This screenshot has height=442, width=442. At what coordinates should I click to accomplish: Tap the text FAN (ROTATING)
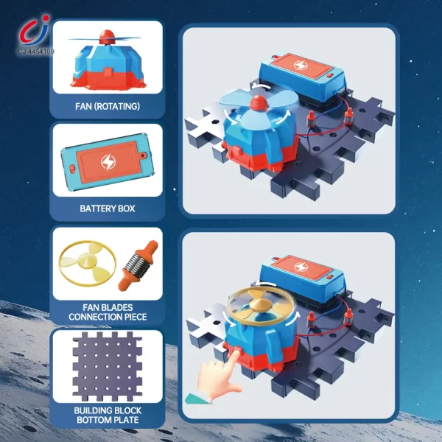pyautogui.click(x=107, y=106)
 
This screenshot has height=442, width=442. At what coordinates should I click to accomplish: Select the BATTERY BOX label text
pyautogui.click(x=107, y=208)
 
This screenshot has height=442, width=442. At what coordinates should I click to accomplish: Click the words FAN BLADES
pyautogui.click(x=107, y=306)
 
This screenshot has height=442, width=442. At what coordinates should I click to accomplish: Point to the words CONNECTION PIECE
pyautogui.click(x=107, y=317)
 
